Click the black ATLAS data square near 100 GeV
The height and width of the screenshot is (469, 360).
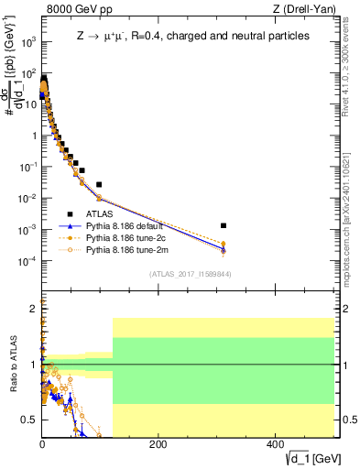pyautogui.click(x=99, y=184)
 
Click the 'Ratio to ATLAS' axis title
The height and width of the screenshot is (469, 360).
pyautogui.click(x=11, y=366)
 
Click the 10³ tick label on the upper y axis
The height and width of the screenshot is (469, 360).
pyautogui.click(x=29, y=42)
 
